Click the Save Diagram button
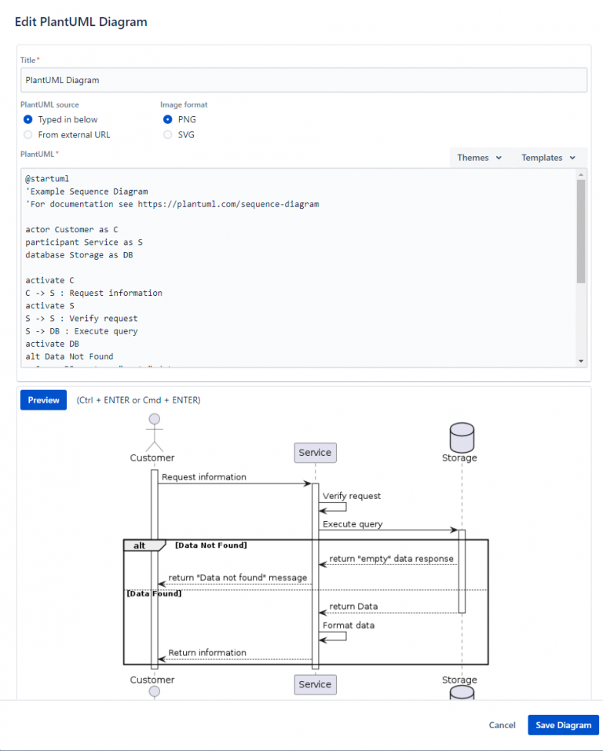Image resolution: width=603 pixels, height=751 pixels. (x=563, y=725)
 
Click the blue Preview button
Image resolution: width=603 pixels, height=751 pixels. (x=43, y=400)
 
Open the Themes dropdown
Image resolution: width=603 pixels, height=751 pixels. (x=479, y=158)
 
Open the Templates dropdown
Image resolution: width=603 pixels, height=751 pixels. (x=548, y=158)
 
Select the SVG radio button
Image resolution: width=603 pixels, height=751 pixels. (x=167, y=135)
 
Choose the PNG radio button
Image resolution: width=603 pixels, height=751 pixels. (x=167, y=120)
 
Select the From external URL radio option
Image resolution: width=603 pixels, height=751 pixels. (x=28, y=135)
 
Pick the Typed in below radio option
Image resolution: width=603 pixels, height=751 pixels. (x=28, y=120)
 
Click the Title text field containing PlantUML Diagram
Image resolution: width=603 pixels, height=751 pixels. (x=303, y=80)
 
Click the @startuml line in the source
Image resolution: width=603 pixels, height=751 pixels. (x=47, y=179)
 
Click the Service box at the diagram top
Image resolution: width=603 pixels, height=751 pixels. (x=315, y=453)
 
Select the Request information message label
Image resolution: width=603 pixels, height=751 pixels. (x=203, y=477)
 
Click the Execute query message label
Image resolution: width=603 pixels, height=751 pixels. (x=353, y=524)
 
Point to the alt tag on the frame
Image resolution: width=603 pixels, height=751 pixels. (x=140, y=545)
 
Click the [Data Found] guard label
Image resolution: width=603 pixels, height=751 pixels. (x=154, y=594)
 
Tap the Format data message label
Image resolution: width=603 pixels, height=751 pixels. (x=348, y=625)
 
